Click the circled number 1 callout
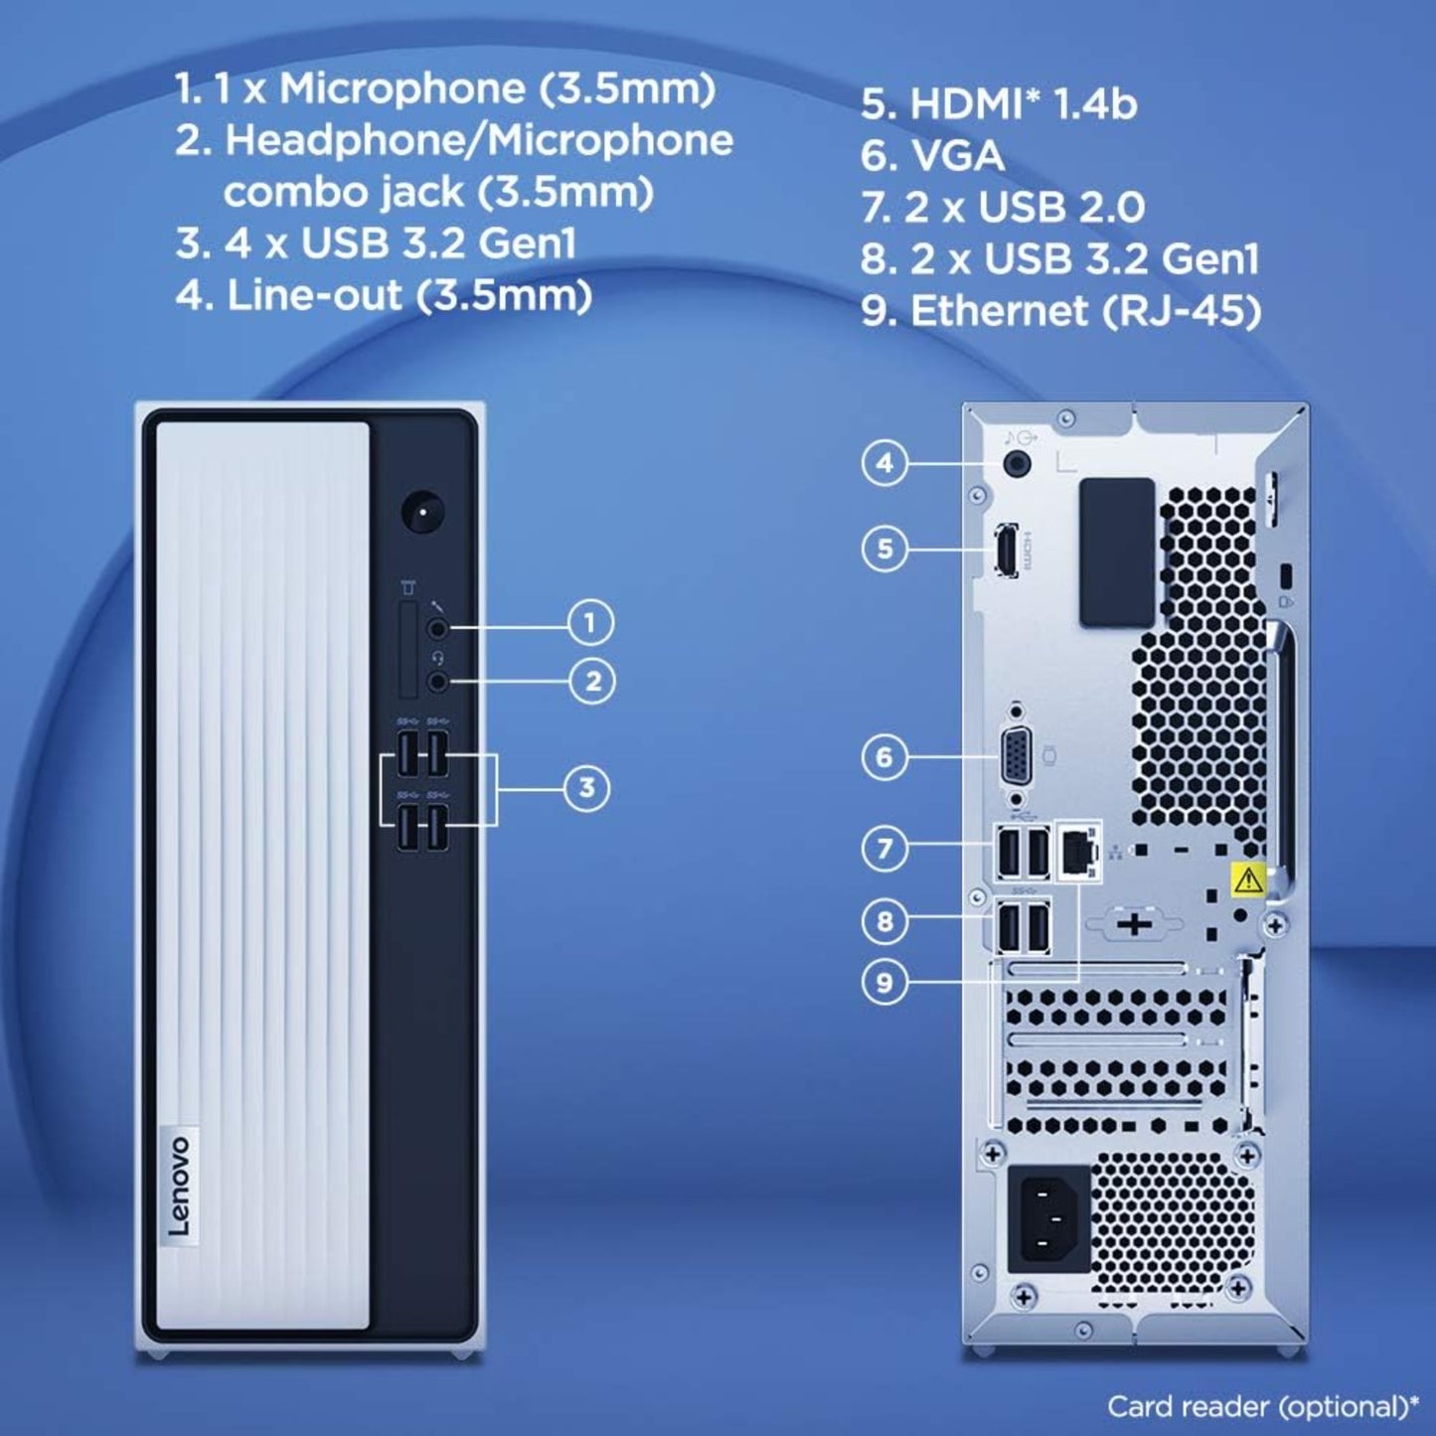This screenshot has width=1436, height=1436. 590,622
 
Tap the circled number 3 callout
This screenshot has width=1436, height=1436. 587,787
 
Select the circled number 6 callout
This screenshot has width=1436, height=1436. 884,757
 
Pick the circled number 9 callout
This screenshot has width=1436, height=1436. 884,982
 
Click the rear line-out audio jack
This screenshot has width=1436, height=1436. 1018,464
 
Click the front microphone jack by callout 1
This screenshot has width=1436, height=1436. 437,628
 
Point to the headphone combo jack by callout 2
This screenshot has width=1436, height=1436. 437,680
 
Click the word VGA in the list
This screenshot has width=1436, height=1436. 957,156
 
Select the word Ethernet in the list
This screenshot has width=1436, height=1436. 1000,310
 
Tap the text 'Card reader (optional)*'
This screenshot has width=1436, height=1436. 1263,1407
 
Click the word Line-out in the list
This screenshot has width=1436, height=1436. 314,295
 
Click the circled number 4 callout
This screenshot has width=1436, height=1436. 884,463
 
